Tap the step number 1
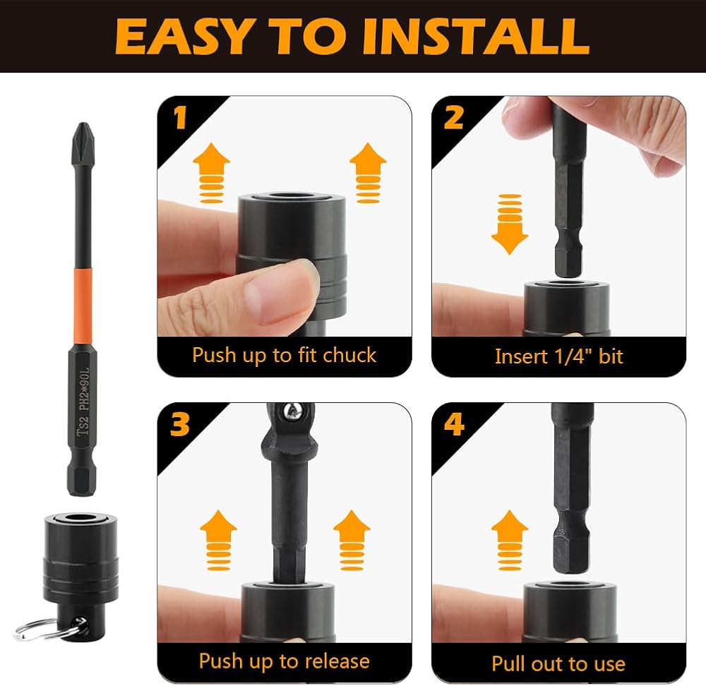click(x=181, y=117)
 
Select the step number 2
click(x=453, y=117)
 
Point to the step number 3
click(x=179, y=424)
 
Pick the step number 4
click(x=454, y=424)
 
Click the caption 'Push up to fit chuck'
click(x=284, y=355)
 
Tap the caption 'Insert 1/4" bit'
click(x=558, y=356)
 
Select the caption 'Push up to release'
click(x=284, y=661)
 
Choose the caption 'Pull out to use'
click(x=558, y=663)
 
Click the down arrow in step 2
click(x=510, y=224)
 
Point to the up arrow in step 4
click(x=510, y=540)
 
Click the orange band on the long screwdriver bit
click(x=83, y=307)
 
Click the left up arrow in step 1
click(x=211, y=174)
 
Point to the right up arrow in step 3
click(x=352, y=540)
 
